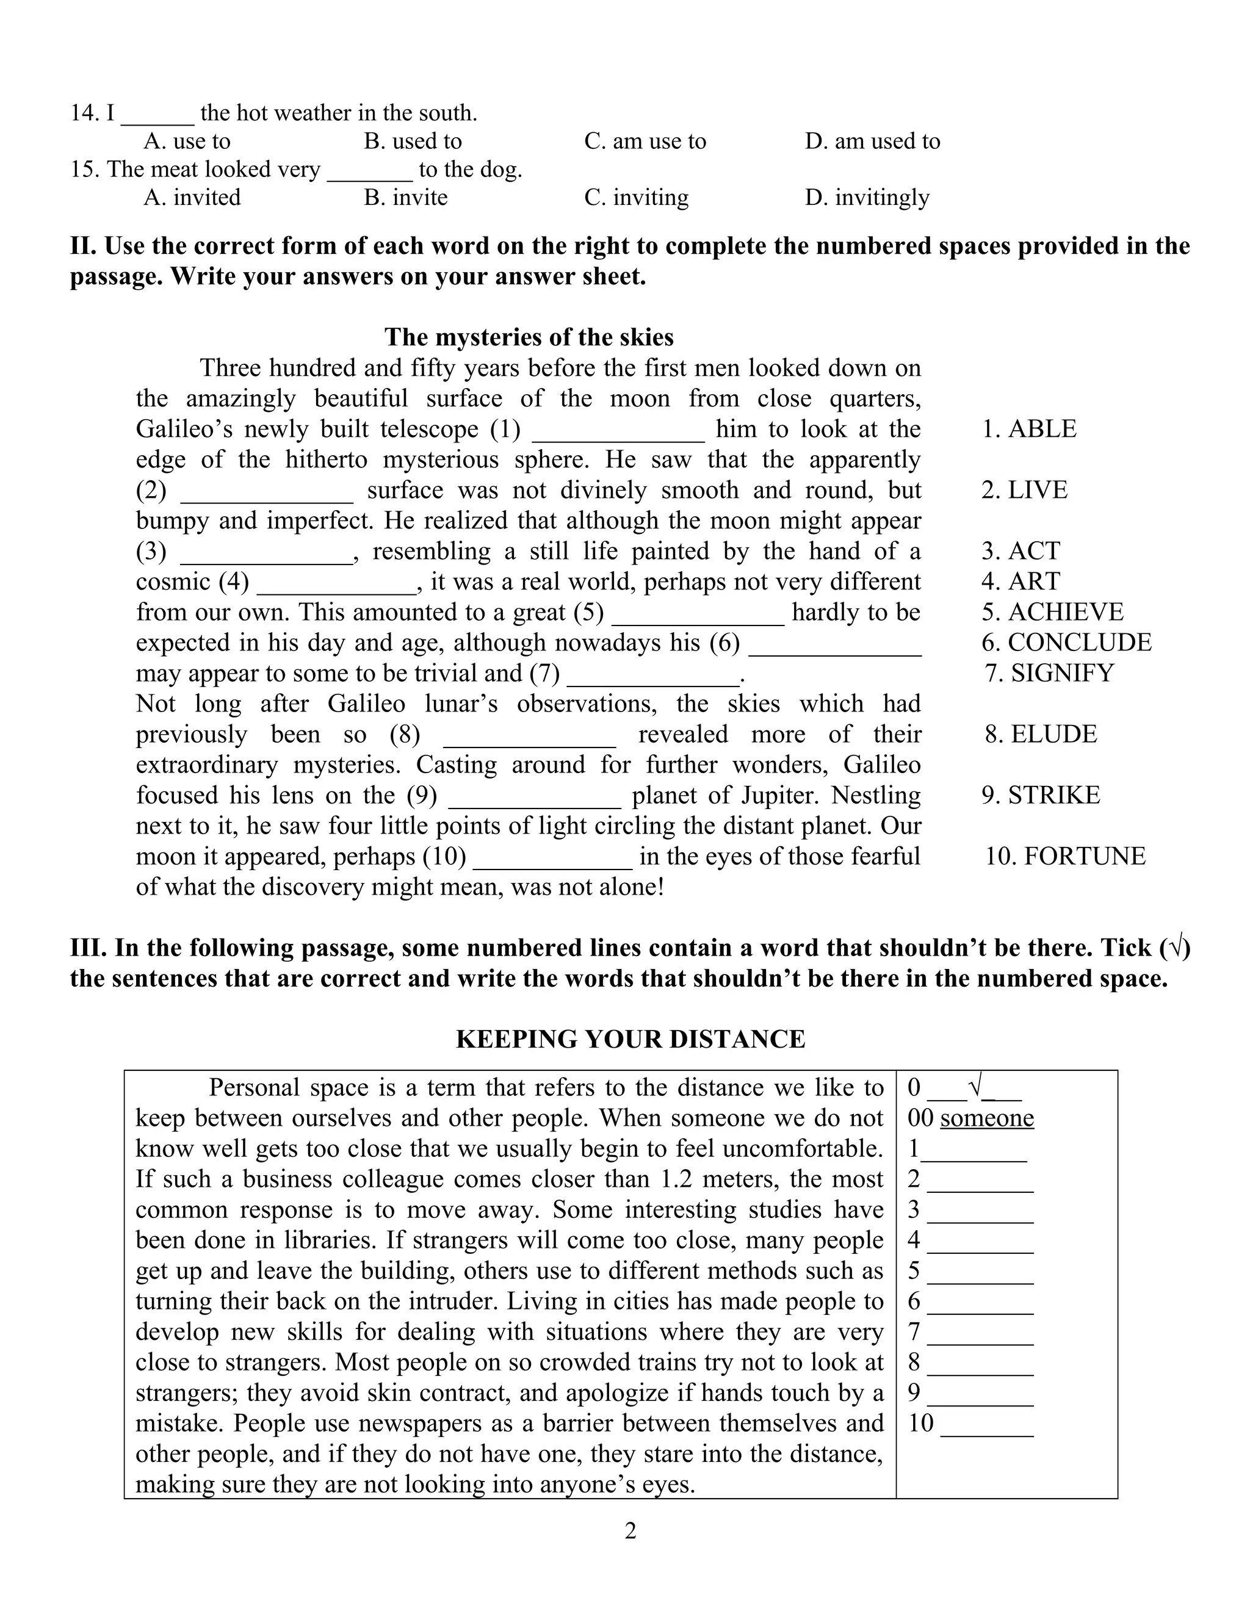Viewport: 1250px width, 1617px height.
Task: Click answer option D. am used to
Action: [872, 141]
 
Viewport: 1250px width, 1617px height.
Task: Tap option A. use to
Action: [187, 141]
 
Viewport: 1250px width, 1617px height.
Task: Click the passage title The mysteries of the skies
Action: [529, 337]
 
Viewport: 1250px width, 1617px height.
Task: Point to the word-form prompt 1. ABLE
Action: [1028, 429]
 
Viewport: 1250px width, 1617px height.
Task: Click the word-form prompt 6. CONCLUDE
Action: [1066, 642]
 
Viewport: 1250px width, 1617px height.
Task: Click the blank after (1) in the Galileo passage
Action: [618, 431]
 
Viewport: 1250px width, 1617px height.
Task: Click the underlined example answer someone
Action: [986, 1117]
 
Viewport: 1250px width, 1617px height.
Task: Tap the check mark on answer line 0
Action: [975, 1086]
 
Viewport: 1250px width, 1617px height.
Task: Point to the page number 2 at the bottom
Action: [630, 1530]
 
